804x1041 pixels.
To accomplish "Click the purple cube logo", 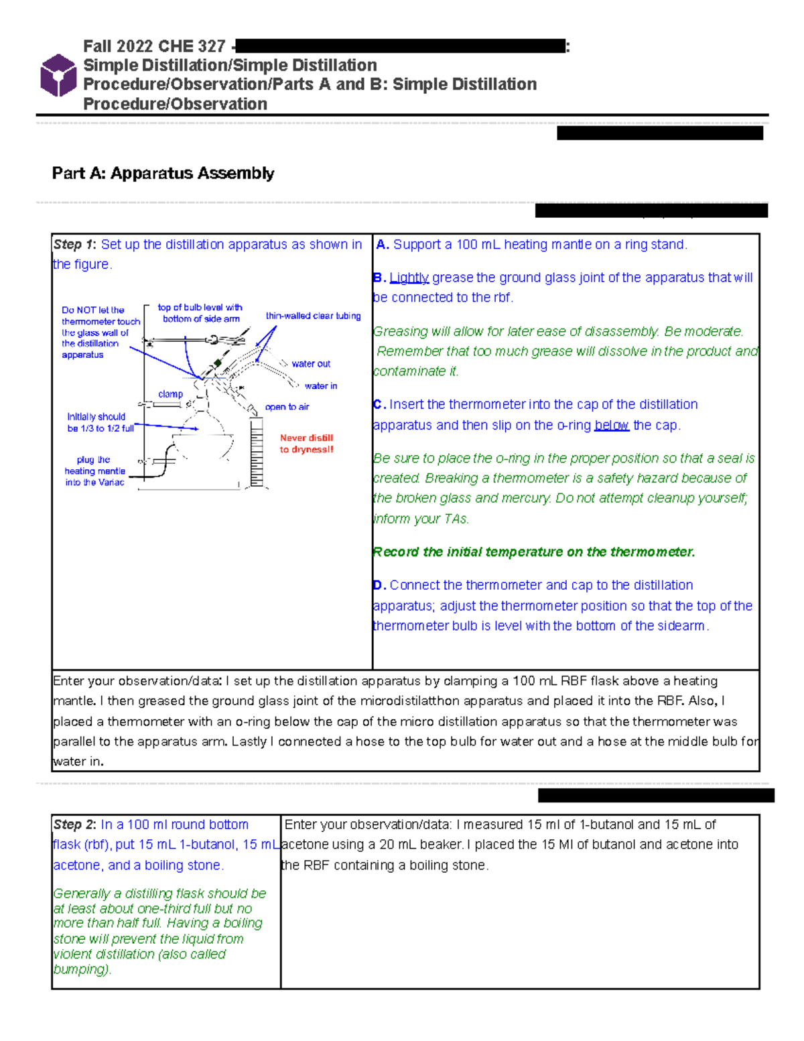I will pos(58,75).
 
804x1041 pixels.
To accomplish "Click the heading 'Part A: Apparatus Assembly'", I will pos(163,173).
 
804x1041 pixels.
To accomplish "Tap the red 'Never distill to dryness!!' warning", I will pos(306,444).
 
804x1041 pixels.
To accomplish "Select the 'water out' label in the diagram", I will pos(311,364).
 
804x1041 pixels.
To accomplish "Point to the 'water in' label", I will pos(320,386).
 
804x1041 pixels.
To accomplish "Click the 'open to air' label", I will pos(287,407).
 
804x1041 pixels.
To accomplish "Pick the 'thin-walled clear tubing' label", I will pos(313,316).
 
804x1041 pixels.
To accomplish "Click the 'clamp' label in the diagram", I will pos(170,394).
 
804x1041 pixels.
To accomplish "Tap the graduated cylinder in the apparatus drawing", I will pos(256,452).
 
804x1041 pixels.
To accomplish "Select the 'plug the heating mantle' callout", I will pos(94,471).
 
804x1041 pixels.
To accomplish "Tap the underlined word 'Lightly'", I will pos(409,278).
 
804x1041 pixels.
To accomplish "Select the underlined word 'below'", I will pos(611,425).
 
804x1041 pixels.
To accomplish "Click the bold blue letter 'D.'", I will pos(379,585).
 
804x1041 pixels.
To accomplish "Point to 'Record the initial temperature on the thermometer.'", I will pos(534,552).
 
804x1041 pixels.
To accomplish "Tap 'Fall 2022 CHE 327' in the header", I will pos(154,46).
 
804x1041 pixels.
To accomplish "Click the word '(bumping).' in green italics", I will pos(82,969).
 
